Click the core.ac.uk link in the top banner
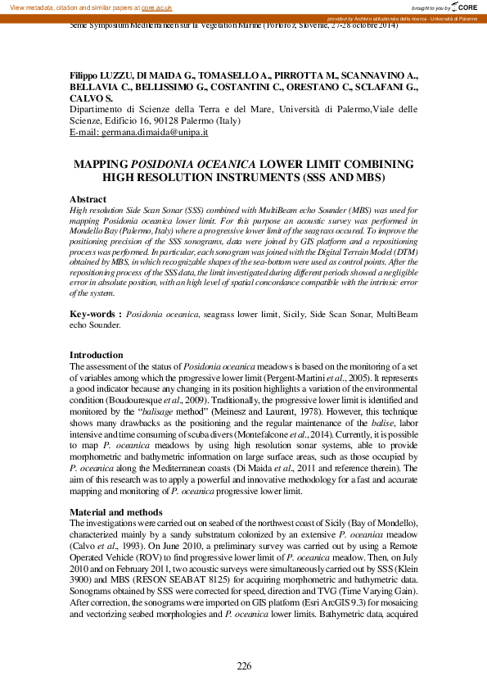tap(156, 7)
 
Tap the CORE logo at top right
tap(461, 7)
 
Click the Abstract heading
tap(88, 199)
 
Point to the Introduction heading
tap(97, 355)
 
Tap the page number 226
tap(244, 665)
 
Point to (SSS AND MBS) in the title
tap(338, 176)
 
